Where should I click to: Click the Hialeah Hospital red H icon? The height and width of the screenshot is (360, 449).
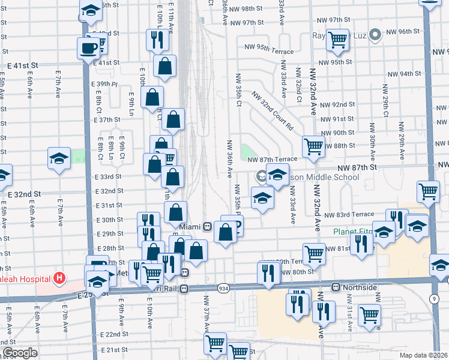[59, 278]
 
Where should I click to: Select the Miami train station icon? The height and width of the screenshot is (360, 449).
[206, 227]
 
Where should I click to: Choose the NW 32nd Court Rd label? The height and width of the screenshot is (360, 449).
[272, 110]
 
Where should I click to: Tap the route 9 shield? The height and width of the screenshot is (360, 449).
[433, 298]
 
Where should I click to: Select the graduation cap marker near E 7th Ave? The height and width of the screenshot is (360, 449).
[59, 158]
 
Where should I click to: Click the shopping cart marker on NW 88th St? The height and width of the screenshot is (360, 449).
[313, 146]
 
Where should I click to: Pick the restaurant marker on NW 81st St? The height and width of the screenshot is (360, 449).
[361, 243]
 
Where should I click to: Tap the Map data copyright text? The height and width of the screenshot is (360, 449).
[424, 355]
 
